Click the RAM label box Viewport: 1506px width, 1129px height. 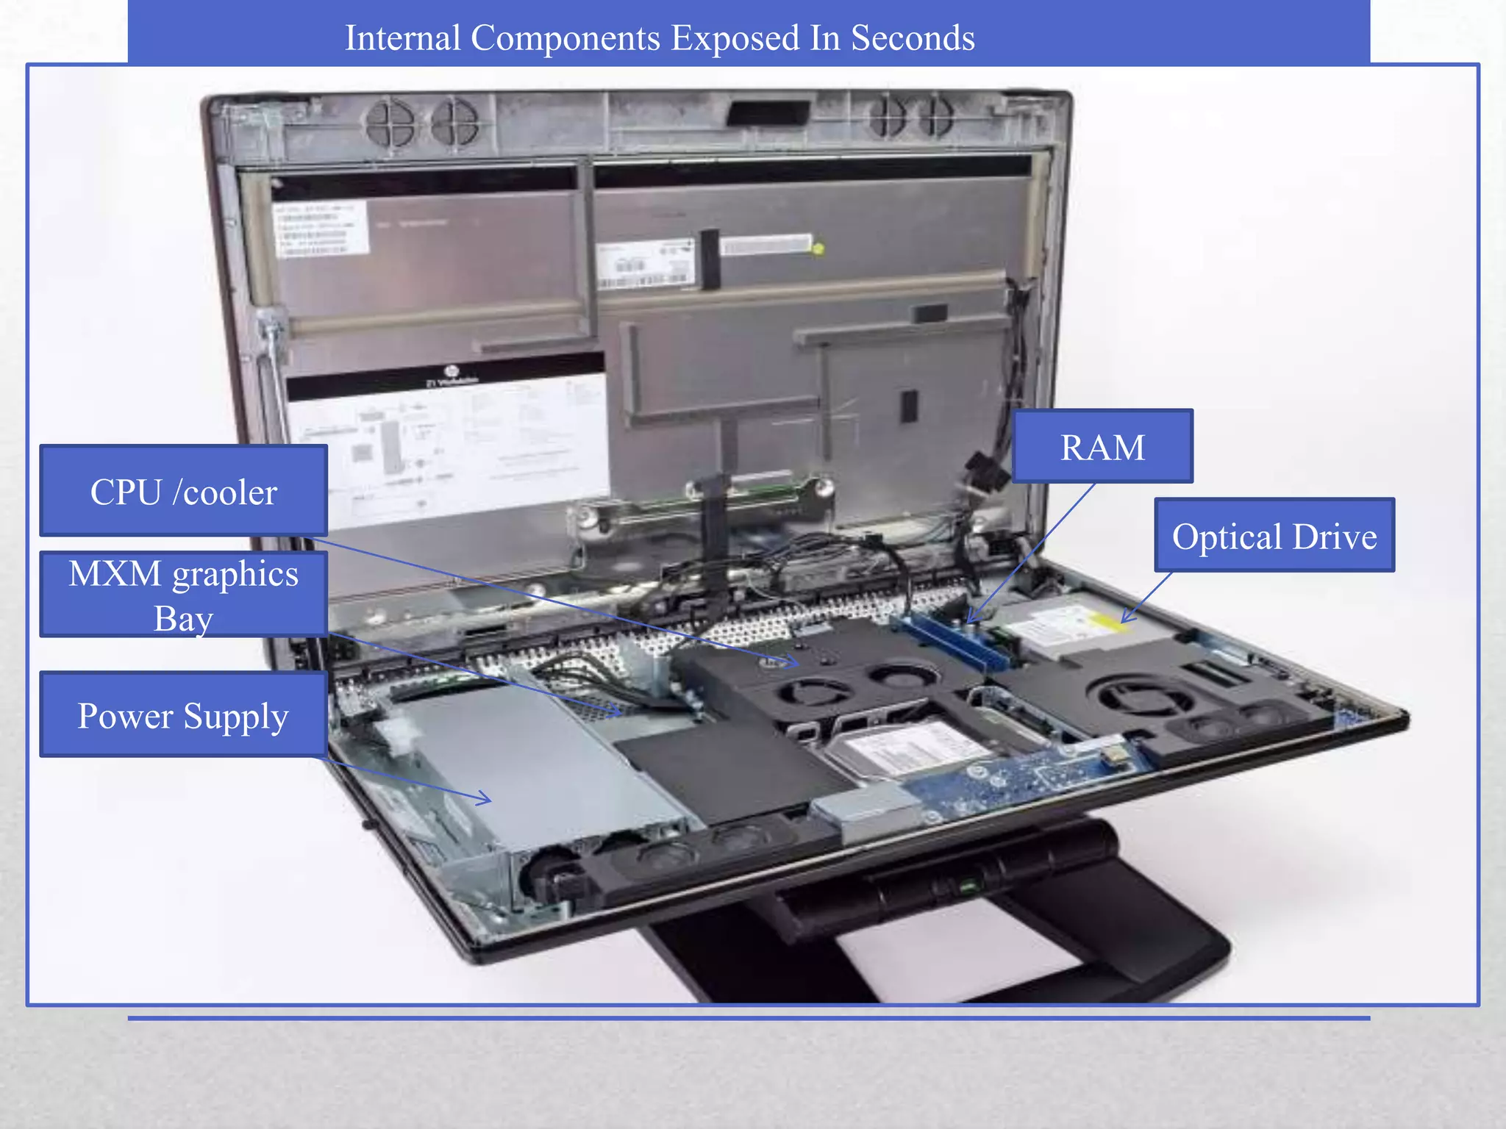tap(1102, 446)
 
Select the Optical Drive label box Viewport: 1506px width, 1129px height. tap(1274, 535)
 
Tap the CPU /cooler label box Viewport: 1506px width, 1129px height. tap(183, 491)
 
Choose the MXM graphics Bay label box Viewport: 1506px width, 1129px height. tap(183, 594)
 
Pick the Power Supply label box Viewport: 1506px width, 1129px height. tap(183, 714)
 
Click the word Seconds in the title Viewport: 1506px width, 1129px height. tap(913, 37)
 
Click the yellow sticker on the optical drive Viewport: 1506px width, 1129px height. tap(1107, 621)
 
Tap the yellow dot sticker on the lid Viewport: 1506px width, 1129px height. tap(818, 248)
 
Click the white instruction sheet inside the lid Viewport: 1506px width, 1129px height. tap(449, 448)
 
